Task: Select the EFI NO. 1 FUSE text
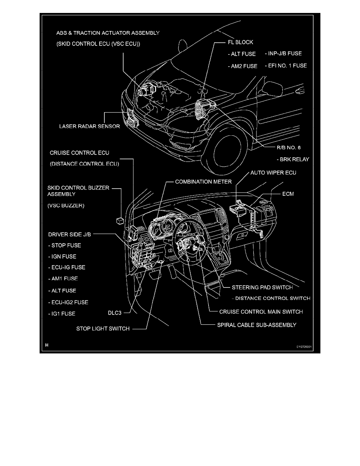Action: tap(285, 66)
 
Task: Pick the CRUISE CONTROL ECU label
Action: tap(79, 152)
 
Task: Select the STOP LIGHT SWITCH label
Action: tap(103, 329)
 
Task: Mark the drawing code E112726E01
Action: tap(306, 347)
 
